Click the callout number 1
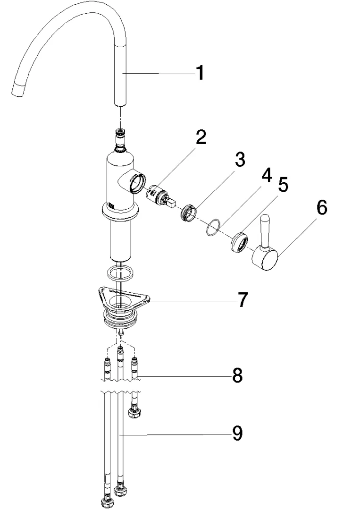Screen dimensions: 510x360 pyautogui.click(x=200, y=73)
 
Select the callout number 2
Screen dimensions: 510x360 pyautogui.click(x=201, y=137)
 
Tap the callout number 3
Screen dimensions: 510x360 pyautogui.click(x=240, y=160)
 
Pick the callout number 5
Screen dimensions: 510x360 pyautogui.click(x=284, y=185)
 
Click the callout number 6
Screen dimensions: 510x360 pyautogui.click(x=321, y=208)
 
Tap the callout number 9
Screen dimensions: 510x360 pyautogui.click(x=236, y=433)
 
